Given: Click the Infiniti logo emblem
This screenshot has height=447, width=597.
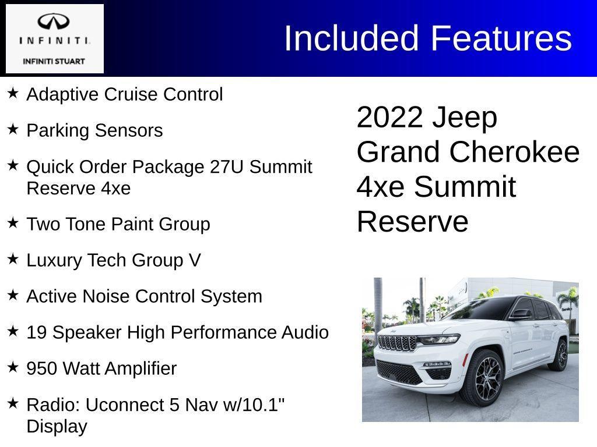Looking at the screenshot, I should tap(54, 22).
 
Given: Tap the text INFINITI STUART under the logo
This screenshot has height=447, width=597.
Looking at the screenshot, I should tap(54, 61).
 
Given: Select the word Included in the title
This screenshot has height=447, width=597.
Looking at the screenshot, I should tap(352, 38).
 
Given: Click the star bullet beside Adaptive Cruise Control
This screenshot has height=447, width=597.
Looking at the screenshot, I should tap(13, 93).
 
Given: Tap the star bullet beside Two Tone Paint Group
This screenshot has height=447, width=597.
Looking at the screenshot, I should tap(13, 223).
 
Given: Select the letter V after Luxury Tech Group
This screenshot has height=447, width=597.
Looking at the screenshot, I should tap(195, 260).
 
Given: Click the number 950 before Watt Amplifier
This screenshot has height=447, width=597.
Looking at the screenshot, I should tap(42, 368).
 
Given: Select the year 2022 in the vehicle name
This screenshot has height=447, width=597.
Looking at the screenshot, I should tap(389, 118).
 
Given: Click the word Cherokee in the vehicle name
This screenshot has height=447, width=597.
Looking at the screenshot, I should tap(514, 152).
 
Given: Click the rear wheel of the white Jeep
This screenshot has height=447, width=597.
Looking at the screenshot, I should tap(560, 355).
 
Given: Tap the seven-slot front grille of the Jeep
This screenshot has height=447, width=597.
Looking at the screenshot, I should tap(397, 343).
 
